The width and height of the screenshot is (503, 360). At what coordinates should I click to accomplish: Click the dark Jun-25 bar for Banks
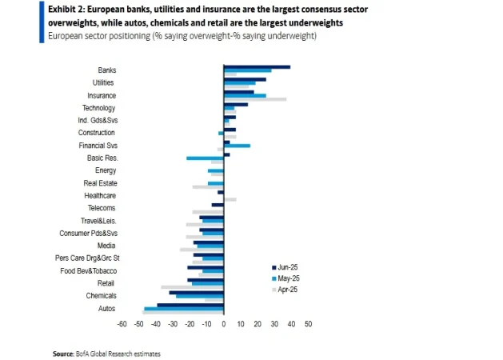(x=257, y=67)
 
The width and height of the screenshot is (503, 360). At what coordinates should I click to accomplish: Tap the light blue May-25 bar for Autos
(x=183, y=308)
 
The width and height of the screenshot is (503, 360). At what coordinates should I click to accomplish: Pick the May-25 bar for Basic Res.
(x=205, y=158)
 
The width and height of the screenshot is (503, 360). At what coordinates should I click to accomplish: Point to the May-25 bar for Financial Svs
(x=237, y=146)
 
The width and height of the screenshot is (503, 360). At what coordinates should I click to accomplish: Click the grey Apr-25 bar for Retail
(x=192, y=286)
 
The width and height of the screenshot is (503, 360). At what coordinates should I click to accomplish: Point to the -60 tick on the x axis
(x=122, y=324)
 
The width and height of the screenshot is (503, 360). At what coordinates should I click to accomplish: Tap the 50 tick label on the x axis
(x=308, y=324)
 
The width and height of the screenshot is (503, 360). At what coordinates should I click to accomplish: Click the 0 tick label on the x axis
(x=223, y=324)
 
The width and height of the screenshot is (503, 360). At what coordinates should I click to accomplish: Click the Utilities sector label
(x=104, y=82)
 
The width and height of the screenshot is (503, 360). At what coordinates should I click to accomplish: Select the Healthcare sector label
(x=100, y=195)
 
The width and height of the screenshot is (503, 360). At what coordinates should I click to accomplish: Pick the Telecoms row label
(x=102, y=208)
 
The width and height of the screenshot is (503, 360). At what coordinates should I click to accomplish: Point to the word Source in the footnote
(x=62, y=353)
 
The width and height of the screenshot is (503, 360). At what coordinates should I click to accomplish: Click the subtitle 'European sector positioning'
(x=98, y=37)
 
